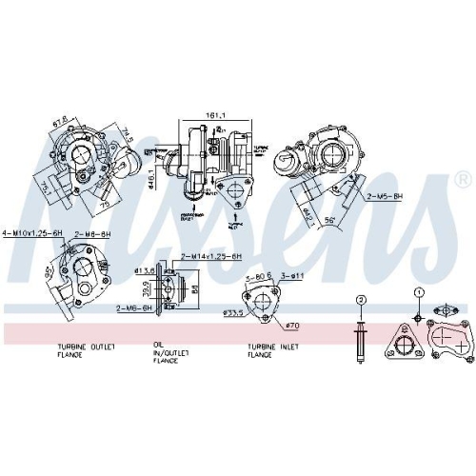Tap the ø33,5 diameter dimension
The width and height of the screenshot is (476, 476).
pyautogui.click(x=232, y=310)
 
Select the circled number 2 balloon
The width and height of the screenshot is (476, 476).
pyautogui.click(x=361, y=300)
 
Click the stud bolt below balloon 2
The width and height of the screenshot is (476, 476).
pyautogui.click(x=361, y=340)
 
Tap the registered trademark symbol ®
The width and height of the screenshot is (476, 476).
pyautogui.click(x=461, y=179)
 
